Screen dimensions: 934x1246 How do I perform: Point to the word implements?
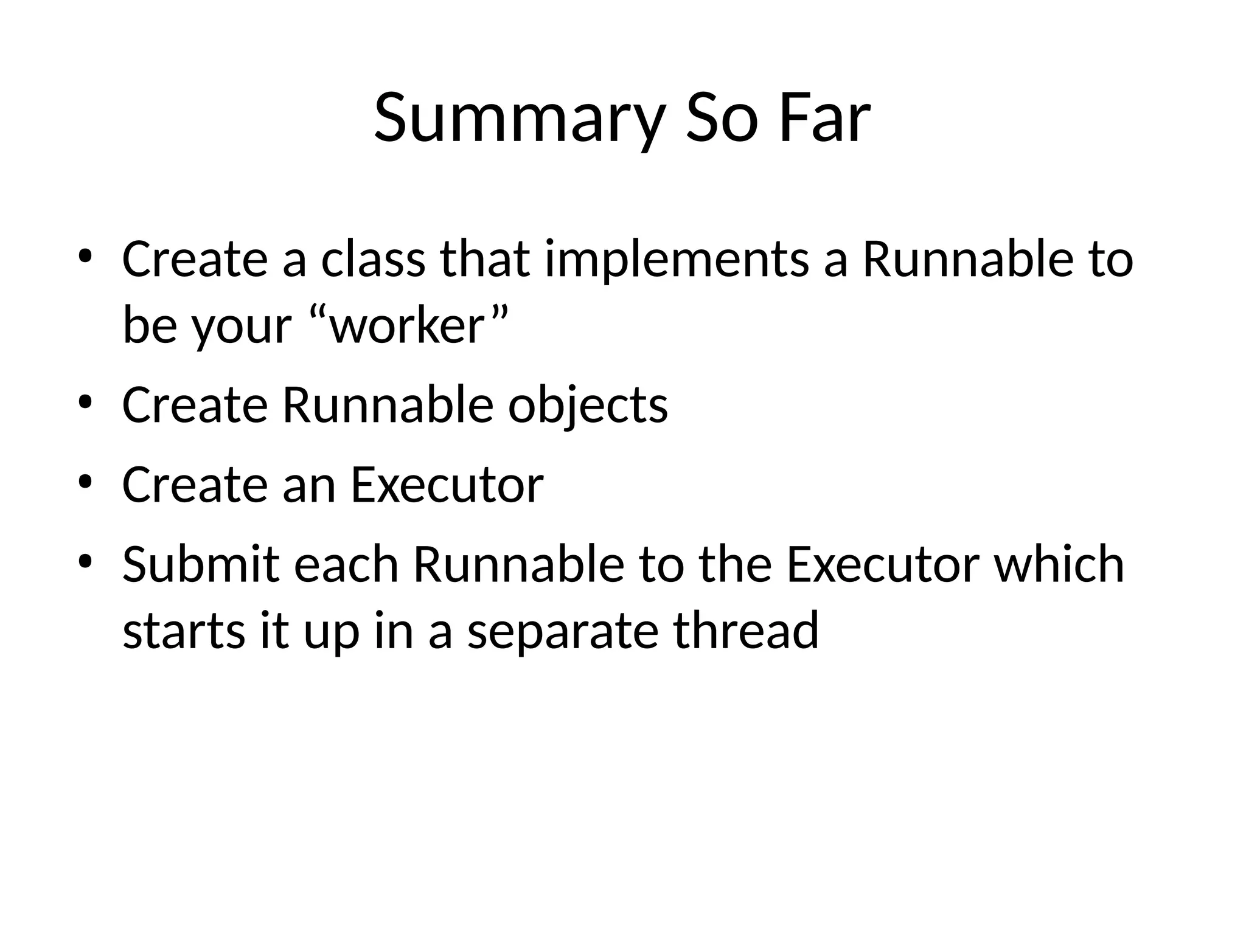click(x=677, y=260)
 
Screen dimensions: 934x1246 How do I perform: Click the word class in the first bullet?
click(x=373, y=260)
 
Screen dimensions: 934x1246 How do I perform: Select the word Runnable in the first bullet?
click(x=967, y=260)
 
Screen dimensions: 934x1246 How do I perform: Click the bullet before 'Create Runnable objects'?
click(x=85, y=401)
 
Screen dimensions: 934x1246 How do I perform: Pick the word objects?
click(x=588, y=406)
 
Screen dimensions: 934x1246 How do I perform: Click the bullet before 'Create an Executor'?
click(x=85, y=481)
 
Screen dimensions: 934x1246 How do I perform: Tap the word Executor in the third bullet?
click(x=447, y=485)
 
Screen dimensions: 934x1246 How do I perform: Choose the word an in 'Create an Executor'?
click(x=308, y=485)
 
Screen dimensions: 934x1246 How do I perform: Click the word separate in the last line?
click(x=562, y=631)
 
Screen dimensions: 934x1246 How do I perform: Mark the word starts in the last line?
click(x=184, y=631)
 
